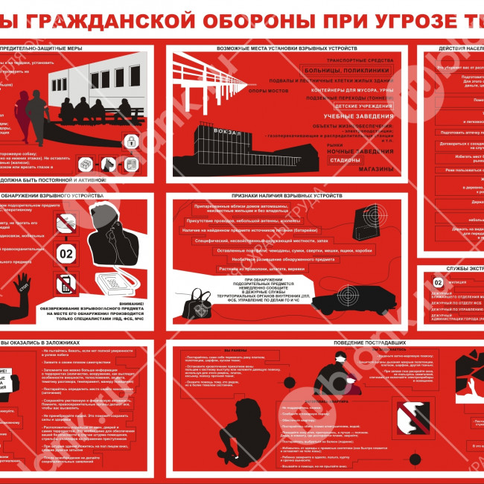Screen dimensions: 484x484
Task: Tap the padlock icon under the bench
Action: point(130,141)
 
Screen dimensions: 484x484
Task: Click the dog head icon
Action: point(109,162)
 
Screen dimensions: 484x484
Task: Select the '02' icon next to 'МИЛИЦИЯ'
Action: point(438,282)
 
